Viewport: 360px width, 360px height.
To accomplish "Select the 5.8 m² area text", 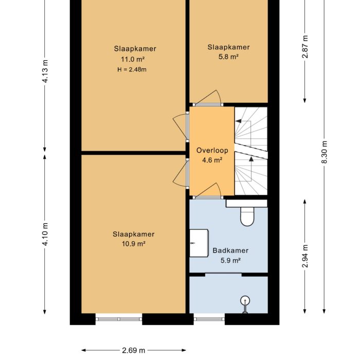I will (229, 57).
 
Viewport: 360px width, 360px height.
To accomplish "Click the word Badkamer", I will (230, 251).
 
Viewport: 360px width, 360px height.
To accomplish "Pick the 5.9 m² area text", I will (230, 261).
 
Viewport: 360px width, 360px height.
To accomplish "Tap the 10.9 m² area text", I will (134, 244).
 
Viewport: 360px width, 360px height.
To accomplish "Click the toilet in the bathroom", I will (247, 217).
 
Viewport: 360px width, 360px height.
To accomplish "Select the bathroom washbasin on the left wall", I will (198, 243).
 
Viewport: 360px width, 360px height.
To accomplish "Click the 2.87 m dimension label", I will (305, 47).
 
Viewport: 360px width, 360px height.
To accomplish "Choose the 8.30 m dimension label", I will (324, 153).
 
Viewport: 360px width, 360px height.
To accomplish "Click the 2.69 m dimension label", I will (133, 351).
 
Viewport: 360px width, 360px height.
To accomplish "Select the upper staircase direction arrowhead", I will (239, 120).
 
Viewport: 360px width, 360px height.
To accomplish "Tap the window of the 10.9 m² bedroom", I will (119, 319).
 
